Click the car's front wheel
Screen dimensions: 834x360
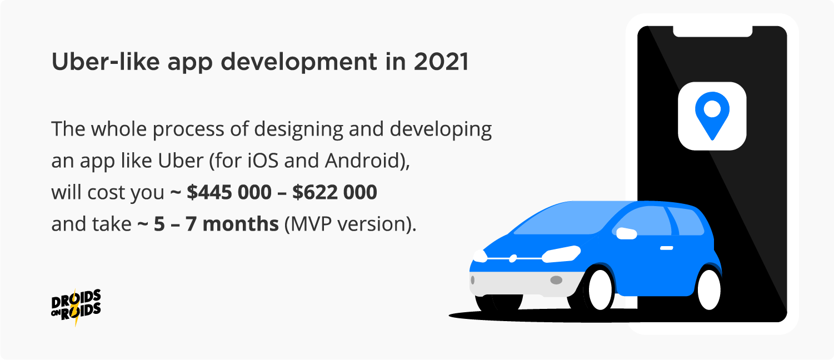(x=600, y=289)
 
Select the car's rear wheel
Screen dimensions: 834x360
(x=708, y=289)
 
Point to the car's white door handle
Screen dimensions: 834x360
(x=666, y=248)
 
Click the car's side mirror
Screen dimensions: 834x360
(x=626, y=233)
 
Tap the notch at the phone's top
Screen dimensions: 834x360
(x=713, y=31)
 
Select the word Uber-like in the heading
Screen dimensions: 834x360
(x=105, y=62)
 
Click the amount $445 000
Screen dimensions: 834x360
(x=229, y=192)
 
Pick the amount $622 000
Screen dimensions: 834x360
(x=334, y=192)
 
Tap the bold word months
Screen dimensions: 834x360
(x=241, y=224)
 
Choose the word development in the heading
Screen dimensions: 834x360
(x=298, y=62)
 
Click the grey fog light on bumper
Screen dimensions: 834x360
(x=556, y=280)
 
